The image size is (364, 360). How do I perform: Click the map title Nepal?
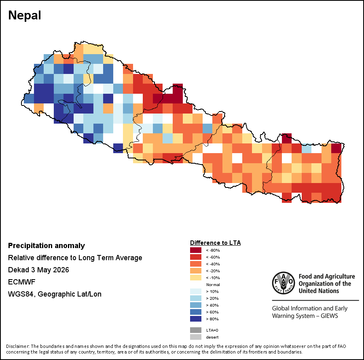pos(25,15)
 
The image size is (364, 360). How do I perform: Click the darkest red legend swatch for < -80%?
pos(196,250)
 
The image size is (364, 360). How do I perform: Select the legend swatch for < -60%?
pos(196,257)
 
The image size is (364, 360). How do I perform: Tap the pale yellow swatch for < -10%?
pos(196,278)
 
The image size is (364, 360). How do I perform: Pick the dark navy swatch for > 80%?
pos(196,319)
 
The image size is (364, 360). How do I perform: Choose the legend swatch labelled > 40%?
pos(196,305)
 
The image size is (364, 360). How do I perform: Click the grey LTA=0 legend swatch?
pos(196,330)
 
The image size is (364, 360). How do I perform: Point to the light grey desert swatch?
pos(196,337)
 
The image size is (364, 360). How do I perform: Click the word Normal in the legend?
pos(213,284)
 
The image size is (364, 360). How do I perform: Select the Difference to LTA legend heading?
pos(215,243)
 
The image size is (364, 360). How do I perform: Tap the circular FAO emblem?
pos(284,283)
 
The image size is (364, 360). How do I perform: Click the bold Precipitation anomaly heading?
pos(47,246)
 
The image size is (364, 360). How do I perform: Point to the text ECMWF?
pos(21,282)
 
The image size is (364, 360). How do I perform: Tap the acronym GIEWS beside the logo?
pos(329,316)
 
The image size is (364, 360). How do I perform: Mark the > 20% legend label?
pos(212,298)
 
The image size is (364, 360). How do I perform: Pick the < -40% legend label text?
pos(213,264)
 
